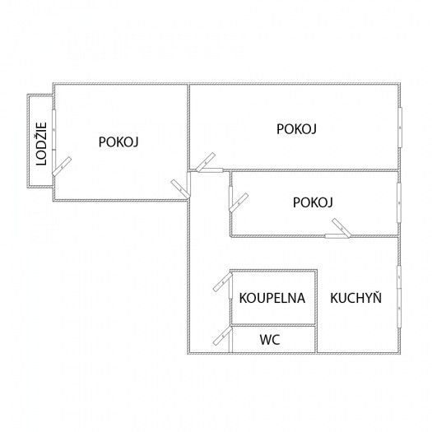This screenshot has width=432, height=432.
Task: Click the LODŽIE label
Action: point(42,144)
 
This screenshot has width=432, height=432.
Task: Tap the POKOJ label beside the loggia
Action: point(118,142)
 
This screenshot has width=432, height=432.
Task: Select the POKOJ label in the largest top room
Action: point(296,129)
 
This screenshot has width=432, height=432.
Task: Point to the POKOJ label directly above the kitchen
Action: point(313,202)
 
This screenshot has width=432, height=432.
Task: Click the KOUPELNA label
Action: point(272,298)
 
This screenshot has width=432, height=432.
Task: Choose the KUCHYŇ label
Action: point(356,298)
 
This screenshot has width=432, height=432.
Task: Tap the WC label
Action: point(270,339)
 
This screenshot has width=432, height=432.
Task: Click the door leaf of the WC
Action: point(222,336)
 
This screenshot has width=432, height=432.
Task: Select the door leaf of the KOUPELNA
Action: point(223,282)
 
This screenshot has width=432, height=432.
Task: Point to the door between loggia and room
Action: point(62,166)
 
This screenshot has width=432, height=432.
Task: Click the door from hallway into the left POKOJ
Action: point(180,189)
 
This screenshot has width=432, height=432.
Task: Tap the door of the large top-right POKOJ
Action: point(206,162)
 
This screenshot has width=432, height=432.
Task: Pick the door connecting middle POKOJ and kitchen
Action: point(341,228)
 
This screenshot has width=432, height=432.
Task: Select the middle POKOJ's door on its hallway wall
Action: point(239,202)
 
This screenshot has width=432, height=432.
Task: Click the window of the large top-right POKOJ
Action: point(400,128)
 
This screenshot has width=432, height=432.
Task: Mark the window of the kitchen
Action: point(399,296)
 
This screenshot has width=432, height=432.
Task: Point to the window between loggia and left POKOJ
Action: point(54,129)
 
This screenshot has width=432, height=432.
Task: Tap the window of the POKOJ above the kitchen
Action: point(399,202)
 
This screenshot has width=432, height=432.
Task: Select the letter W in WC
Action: point(265,339)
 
